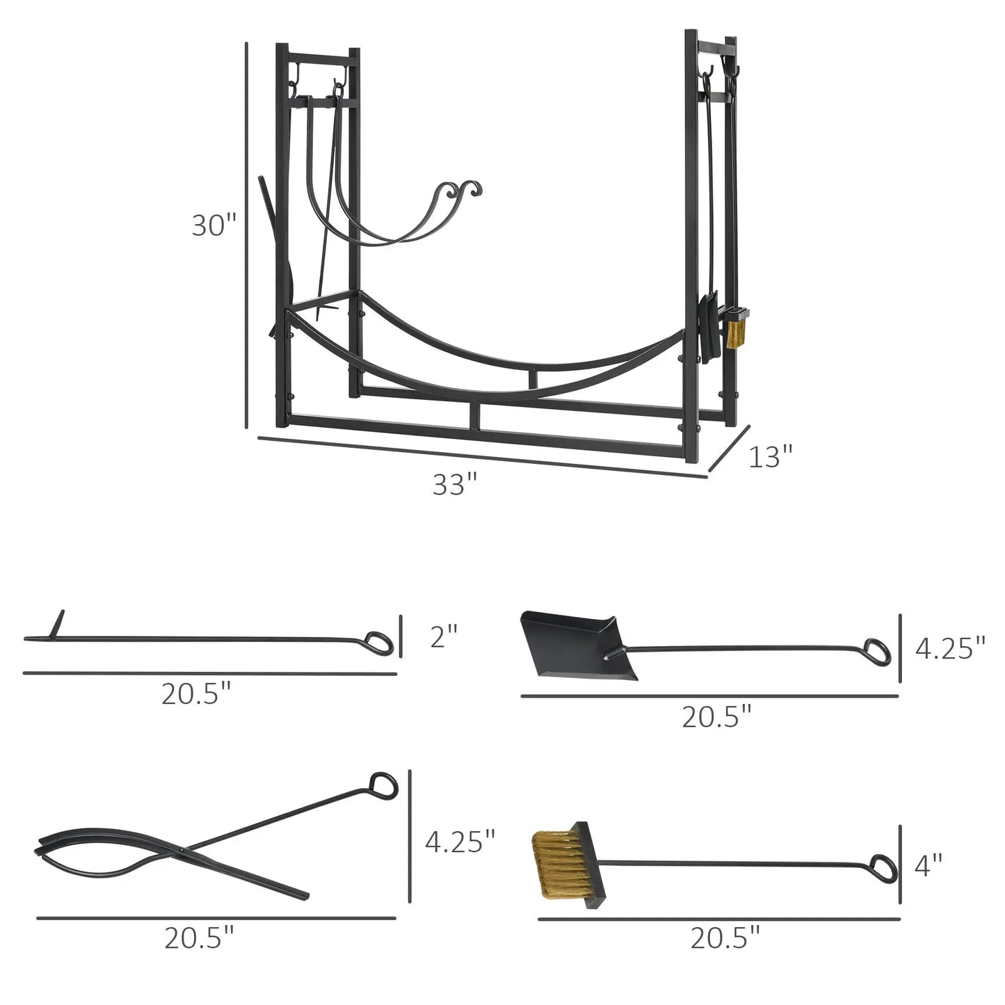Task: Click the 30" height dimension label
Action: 214,225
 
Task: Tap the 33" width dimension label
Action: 455,484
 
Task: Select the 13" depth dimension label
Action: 771,457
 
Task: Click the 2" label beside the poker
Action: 444,636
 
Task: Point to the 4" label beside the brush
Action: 928,865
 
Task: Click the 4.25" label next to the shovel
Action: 949,648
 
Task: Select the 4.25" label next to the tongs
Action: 460,842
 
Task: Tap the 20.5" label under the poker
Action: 196,693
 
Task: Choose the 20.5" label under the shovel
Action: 716,716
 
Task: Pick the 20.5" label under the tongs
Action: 199,939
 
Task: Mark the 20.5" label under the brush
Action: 725,939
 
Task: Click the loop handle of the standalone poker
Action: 379,643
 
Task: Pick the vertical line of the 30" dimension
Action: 246,236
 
